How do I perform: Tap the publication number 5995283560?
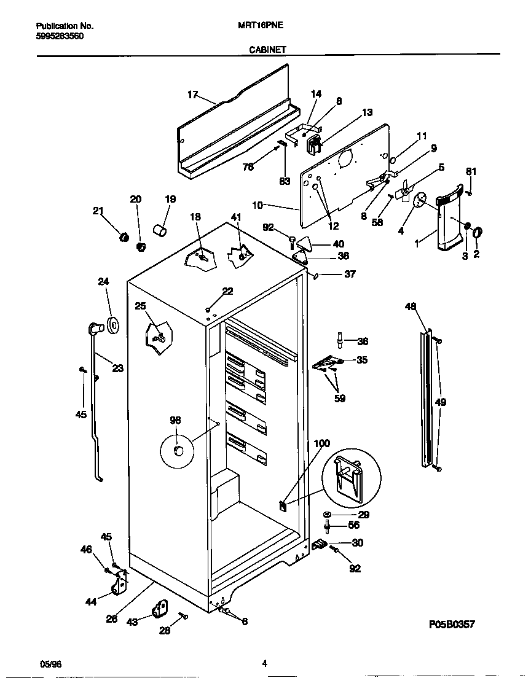click(60, 36)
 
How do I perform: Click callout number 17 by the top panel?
click(192, 95)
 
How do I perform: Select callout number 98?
click(175, 420)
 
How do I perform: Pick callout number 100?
click(321, 443)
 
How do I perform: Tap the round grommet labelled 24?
click(113, 325)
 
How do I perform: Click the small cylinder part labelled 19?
click(161, 231)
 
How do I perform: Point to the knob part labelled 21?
click(123, 236)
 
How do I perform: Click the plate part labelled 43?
click(160, 610)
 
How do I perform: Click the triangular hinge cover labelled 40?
click(305, 244)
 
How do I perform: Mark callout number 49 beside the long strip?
click(441, 402)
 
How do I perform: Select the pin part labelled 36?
click(339, 340)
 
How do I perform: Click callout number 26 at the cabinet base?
click(111, 619)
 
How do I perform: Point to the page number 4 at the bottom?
click(264, 663)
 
